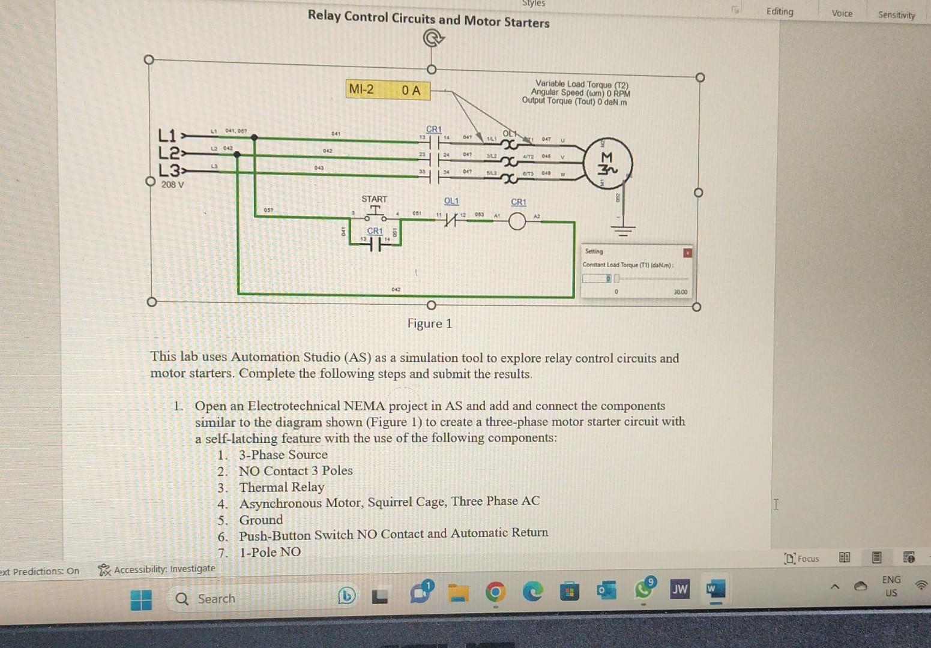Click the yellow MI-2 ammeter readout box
pos(388,90)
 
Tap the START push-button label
pos(374,199)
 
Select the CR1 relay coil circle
pos(517,222)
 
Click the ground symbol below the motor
pos(624,229)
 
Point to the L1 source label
pos(167,134)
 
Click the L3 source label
pos(167,170)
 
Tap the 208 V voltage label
pos(172,185)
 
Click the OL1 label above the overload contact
pos(451,201)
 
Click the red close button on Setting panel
pos(687,253)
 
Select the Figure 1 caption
pos(430,324)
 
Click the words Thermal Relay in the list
pos(282,487)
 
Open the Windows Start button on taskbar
pos(141,599)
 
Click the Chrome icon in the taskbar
pos(495,593)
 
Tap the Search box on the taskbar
pos(216,599)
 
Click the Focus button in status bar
pos(802,559)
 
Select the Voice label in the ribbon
pos(842,13)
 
